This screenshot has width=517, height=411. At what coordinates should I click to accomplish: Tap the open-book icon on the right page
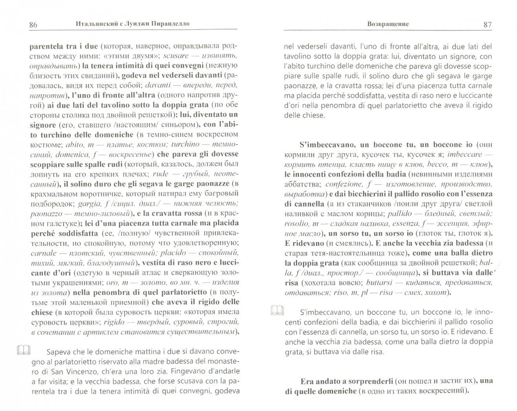[277, 311]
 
